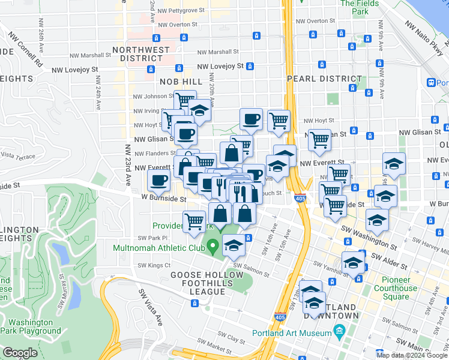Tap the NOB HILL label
tap(181, 81)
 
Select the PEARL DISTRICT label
tap(324, 79)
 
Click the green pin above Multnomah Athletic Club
tap(221, 227)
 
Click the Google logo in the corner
tap(20, 353)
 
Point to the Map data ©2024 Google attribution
tap(412, 355)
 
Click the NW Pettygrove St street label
tap(178, 11)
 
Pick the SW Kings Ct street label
tap(154, 265)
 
